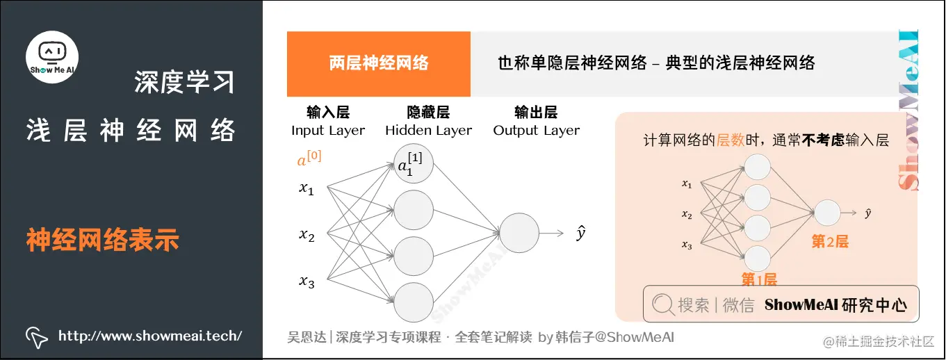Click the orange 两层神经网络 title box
click(x=379, y=64)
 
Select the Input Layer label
click(x=328, y=130)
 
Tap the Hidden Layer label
click(x=428, y=130)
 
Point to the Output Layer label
click(x=536, y=130)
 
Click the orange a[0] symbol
click(x=309, y=160)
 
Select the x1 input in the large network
click(x=307, y=188)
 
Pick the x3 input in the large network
click(x=307, y=281)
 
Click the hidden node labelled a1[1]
click(x=413, y=165)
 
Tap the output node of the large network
click(x=519, y=233)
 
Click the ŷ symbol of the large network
click(x=581, y=233)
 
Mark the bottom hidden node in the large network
click(x=414, y=302)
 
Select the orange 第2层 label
click(x=830, y=242)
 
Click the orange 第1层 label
click(x=758, y=279)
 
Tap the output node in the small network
click(x=827, y=212)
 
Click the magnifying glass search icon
click(x=663, y=304)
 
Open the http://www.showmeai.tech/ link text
click(x=150, y=336)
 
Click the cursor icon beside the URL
click(x=37, y=337)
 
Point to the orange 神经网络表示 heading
click(x=103, y=240)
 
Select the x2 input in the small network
click(x=687, y=215)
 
